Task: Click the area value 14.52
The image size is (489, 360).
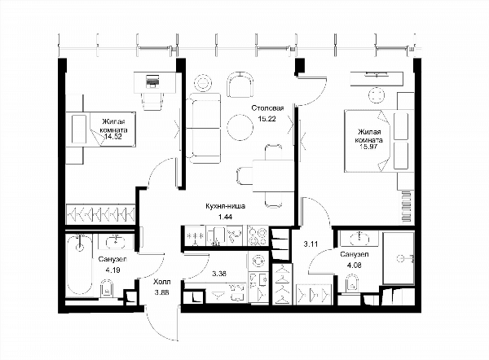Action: [113, 137]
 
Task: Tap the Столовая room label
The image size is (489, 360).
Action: [267, 108]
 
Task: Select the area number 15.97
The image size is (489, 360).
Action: [369, 147]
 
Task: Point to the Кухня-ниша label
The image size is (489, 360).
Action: [226, 206]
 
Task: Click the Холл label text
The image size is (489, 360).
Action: [162, 282]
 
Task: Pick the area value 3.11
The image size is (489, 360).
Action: [311, 244]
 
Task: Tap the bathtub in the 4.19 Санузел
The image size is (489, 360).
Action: [80, 265]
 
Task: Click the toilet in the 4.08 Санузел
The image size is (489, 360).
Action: [352, 283]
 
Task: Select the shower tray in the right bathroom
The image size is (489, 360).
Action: [399, 257]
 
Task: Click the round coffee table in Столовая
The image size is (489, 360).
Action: [240, 127]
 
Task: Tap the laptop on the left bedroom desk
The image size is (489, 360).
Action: [152, 81]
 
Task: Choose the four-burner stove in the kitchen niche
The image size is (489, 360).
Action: [258, 235]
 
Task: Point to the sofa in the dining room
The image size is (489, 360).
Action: [204, 128]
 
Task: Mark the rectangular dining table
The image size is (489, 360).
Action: [273, 175]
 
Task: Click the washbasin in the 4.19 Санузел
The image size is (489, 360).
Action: [116, 241]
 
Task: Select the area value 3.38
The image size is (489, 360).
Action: [219, 274]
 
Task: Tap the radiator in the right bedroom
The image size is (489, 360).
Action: [407, 207]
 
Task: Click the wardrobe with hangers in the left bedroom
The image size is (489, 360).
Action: [100, 214]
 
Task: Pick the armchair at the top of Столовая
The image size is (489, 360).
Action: [240, 85]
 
